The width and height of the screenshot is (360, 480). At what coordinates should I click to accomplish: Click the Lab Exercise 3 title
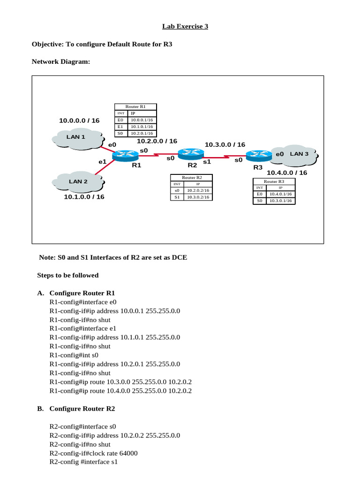click(x=185, y=27)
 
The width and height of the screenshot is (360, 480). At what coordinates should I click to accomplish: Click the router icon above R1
click(x=126, y=154)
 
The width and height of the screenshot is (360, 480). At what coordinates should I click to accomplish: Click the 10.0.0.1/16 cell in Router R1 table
click(x=142, y=120)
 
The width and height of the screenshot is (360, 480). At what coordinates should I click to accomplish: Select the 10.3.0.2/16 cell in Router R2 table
click(x=198, y=197)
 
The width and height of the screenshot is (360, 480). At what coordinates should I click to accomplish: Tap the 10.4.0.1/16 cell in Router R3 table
click(x=281, y=194)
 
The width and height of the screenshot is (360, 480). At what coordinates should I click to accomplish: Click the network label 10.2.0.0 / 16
click(x=157, y=141)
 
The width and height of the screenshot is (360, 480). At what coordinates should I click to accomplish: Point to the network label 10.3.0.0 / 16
click(x=225, y=145)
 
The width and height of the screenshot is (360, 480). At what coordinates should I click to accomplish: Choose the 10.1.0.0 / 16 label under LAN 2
click(x=84, y=197)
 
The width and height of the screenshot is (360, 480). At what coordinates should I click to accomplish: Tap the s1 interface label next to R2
click(x=207, y=161)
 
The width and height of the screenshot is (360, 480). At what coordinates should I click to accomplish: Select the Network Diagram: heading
click(x=60, y=61)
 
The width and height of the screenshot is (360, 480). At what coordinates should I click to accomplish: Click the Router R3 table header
click(x=273, y=181)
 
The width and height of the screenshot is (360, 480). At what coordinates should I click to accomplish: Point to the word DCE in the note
click(x=178, y=257)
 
